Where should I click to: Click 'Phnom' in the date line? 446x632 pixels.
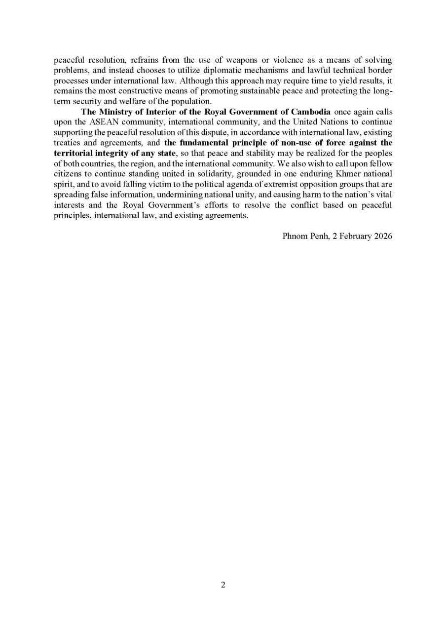click(295, 236)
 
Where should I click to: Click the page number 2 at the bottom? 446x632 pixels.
click(223, 585)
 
